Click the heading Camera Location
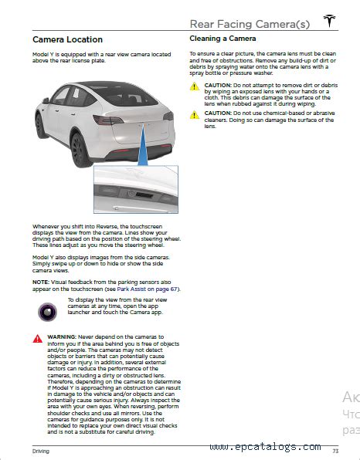click(67, 39)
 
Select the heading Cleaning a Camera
click(223, 38)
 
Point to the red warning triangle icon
click(38, 338)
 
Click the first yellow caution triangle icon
click(195, 87)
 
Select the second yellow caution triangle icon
click(195, 114)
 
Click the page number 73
click(335, 449)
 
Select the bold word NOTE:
click(41, 282)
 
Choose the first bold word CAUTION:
click(220, 84)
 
